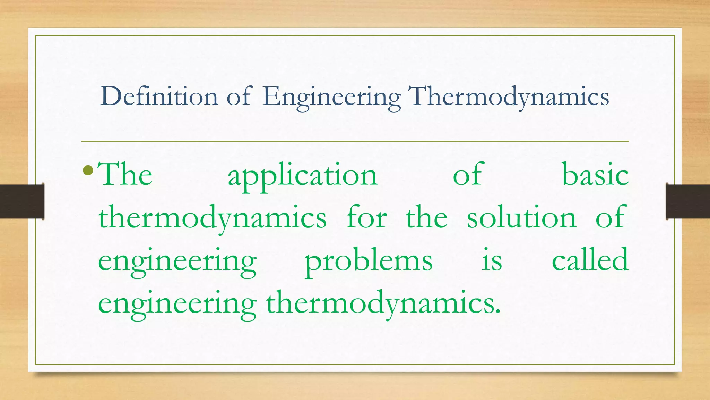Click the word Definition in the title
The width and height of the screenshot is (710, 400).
point(159,96)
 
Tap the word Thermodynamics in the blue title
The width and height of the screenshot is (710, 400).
point(509,97)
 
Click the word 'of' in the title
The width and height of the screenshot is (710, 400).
point(239,96)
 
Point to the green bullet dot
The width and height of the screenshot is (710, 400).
point(88,170)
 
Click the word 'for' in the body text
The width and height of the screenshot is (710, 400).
point(367,217)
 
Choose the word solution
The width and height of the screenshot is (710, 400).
point(521,217)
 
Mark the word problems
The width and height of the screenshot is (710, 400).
point(369,261)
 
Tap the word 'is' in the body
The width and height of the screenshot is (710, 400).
point(492,261)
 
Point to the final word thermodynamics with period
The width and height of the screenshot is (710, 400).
point(383,304)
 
